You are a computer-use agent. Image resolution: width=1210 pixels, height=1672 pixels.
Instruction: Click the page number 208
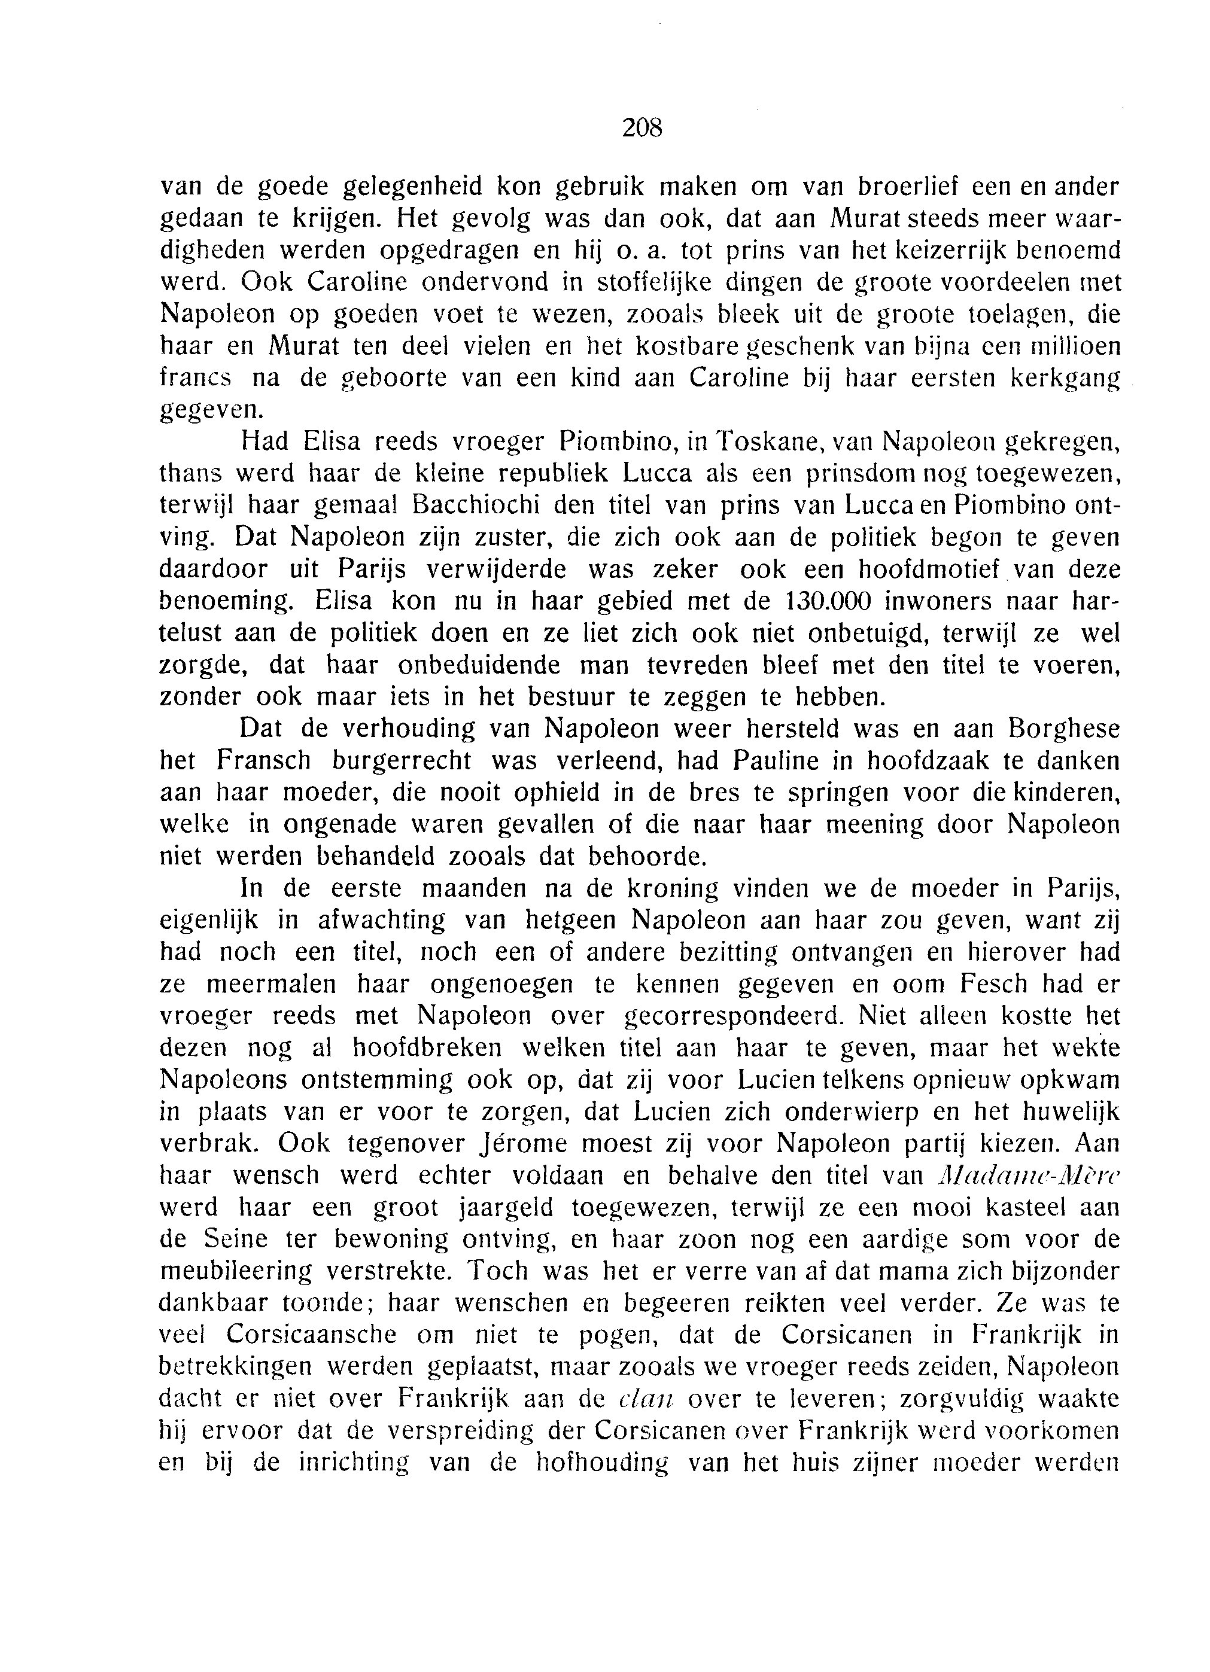(x=642, y=128)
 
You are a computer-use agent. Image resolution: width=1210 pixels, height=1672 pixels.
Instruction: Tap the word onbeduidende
(x=479, y=665)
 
